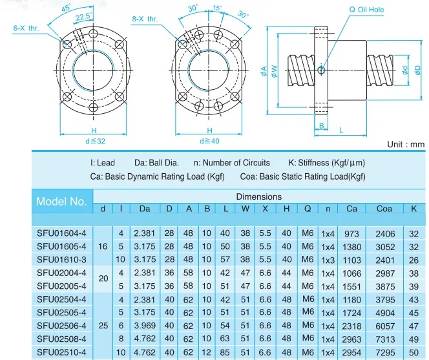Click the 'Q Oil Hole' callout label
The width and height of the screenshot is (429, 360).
click(366, 10)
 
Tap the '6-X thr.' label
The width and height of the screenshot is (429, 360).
click(26, 28)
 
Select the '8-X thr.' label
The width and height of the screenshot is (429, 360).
click(145, 19)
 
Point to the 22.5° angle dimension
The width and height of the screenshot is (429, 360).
click(84, 16)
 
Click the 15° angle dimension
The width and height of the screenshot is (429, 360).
click(218, 8)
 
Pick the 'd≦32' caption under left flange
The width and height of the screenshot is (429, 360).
click(95, 142)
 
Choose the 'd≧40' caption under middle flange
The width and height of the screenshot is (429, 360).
click(209, 142)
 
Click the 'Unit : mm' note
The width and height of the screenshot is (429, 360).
click(406, 144)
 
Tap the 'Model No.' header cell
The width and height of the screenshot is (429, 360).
click(61, 202)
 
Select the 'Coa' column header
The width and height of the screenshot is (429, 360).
click(384, 209)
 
